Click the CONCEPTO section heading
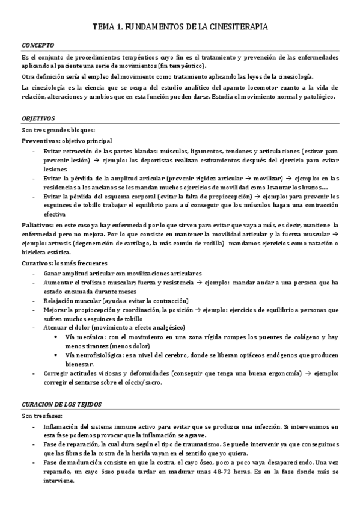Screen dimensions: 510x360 coord(38,45)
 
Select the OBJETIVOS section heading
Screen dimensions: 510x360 coord(38,119)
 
